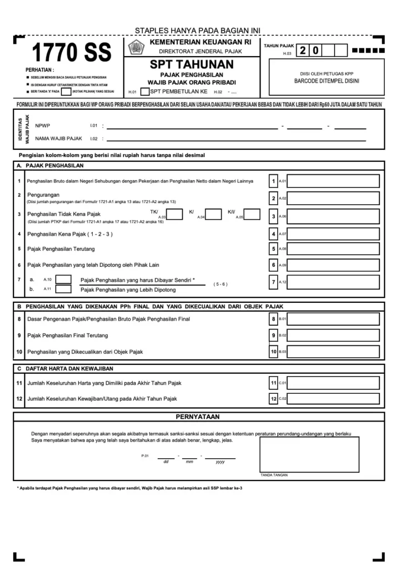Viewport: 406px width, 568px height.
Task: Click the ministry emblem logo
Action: [136, 48]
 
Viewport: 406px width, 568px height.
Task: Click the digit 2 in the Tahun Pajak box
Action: [303, 51]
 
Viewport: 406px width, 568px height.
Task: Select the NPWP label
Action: [42, 125]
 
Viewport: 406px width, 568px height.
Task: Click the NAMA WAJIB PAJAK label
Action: [59, 138]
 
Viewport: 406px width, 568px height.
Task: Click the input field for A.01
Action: [333, 181]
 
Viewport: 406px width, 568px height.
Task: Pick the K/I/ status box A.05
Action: [252, 215]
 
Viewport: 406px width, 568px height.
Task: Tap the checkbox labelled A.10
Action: [63, 279]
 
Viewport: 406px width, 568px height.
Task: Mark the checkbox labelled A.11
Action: [63, 289]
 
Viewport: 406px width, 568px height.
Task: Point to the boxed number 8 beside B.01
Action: [273, 319]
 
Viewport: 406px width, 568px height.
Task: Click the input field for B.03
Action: [333, 352]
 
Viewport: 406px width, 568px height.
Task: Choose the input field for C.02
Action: [333, 398]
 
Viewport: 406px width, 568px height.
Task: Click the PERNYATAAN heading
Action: [198, 417]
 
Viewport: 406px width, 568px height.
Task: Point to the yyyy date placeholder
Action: [220, 461]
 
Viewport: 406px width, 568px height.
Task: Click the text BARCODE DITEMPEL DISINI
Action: [326, 81]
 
